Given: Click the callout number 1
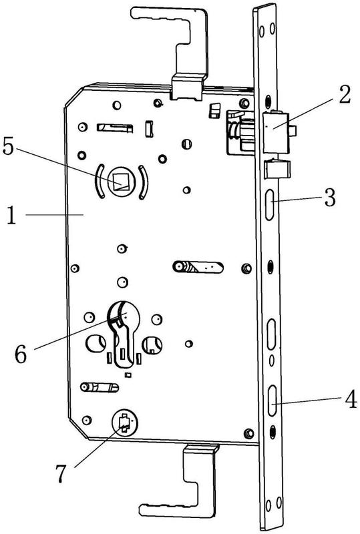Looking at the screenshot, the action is [11, 216].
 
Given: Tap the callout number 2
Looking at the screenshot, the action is [345, 94].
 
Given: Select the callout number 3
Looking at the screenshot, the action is [330, 198].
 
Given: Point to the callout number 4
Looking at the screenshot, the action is [351, 399].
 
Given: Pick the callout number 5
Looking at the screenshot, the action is [8, 146].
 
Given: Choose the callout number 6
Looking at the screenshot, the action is [21, 354].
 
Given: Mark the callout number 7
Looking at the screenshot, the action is [61, 473].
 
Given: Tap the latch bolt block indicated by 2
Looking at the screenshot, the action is [277, 133].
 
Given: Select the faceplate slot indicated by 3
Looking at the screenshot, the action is [270, 204].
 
